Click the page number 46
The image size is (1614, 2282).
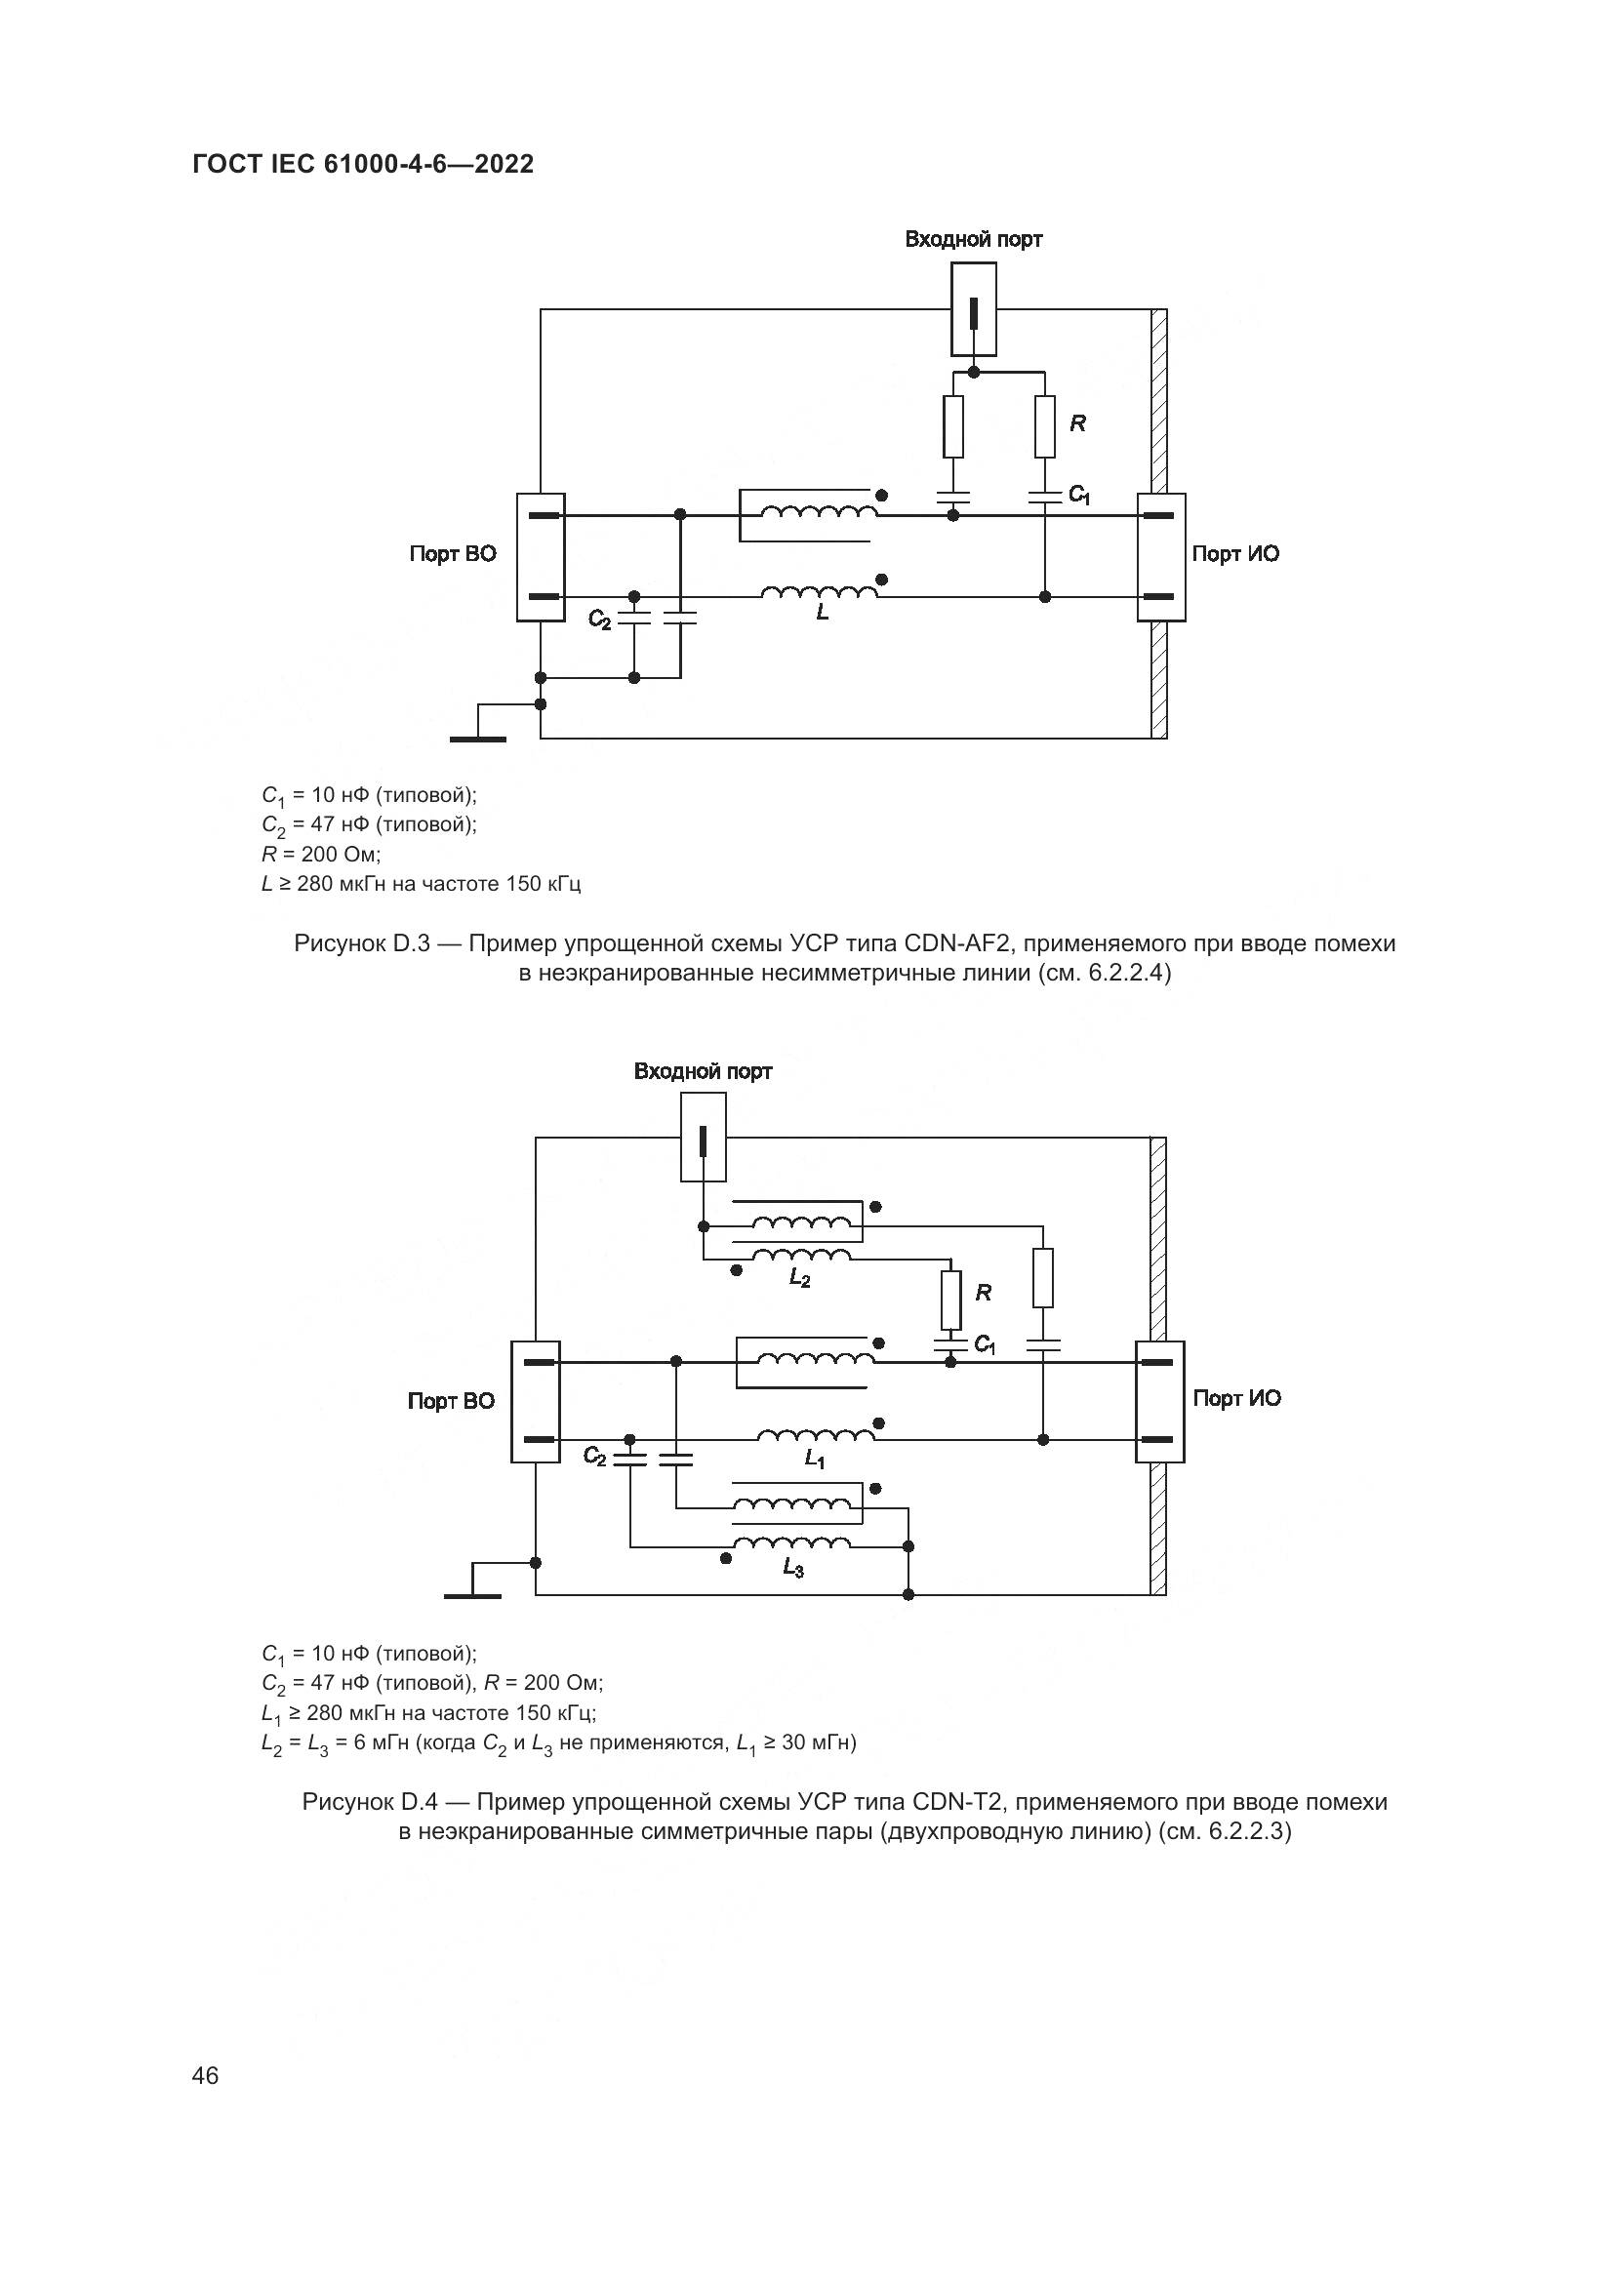tap(205, 2075)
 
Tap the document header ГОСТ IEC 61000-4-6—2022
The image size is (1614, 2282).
tap(363, 165)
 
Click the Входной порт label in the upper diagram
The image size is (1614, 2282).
tap(973, 240)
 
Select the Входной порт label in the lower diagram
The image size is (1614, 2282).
tap(703, 1071)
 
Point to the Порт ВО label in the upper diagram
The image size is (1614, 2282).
tap(452, 554)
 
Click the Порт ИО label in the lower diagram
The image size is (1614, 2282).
tap(1236, 1398)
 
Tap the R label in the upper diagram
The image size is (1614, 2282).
tap(1077, 423)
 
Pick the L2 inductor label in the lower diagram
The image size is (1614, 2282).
tap(799, 1280)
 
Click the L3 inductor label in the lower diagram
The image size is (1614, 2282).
tap(792, 1569)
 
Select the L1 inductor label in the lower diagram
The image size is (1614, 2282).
tap(815, 1459)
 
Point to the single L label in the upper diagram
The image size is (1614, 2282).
tap(822, 614)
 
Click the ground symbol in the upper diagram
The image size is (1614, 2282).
tap(478, 738)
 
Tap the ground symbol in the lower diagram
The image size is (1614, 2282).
tap(473, 1594)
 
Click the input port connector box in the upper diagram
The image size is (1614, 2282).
tap(974, 309)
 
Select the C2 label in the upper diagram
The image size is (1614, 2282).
tap(599, 620)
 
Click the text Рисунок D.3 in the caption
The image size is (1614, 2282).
tap(362, 943)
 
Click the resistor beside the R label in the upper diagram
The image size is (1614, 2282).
tap(1044, 426)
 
